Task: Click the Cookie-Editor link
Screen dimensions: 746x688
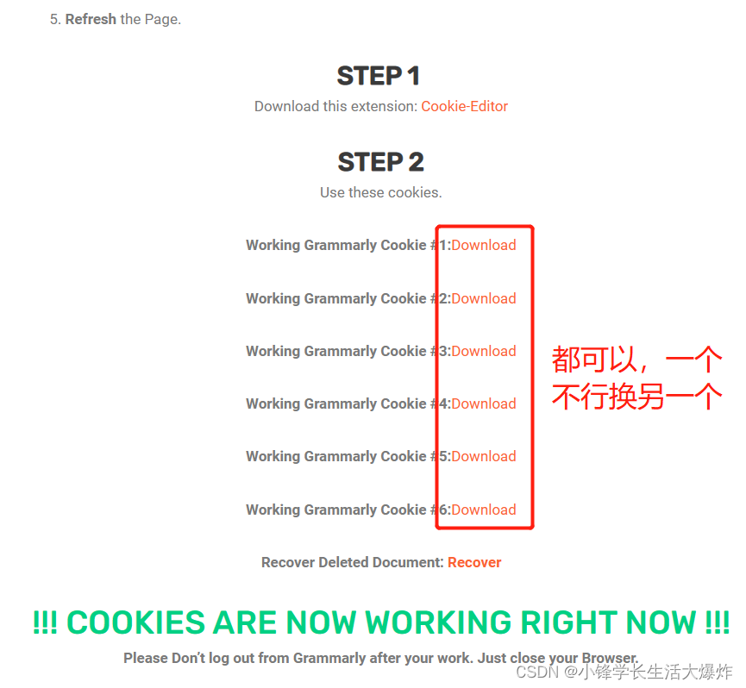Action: [464, 107]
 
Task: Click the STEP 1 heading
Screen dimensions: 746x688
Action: [379, 76]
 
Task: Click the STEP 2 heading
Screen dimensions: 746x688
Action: [380, 162]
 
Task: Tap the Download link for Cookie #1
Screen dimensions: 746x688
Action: [483, 245]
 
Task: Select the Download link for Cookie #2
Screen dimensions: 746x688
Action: [483, 298]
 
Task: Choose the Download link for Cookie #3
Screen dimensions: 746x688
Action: [483, 351]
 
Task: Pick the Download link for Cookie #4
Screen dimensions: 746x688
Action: [483, 403]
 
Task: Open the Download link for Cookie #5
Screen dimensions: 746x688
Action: [483, 456]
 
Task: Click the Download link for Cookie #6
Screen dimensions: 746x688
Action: [483, 510]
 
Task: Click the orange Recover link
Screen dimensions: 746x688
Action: [474, 562]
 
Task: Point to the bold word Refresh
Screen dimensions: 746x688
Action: [91, 19]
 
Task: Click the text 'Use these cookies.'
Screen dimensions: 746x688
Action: [380, 192]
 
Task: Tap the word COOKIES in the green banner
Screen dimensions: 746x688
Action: [136, 622]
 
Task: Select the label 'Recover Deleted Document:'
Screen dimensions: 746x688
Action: [352, 562]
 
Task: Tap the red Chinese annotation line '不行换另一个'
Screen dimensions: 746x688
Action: [636, 397]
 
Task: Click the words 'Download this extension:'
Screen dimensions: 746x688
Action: [335, 107]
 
